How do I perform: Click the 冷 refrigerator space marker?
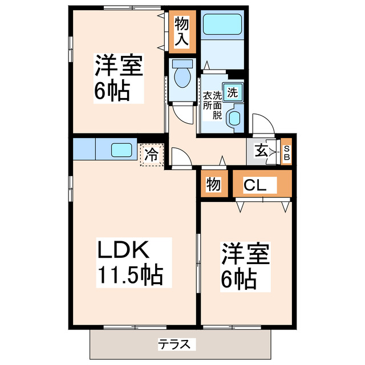[x=152, y=153]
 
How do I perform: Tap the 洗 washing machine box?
[x=233, y=92]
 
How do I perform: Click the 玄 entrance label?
[x=261, y=152]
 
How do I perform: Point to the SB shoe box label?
[x=286, y=152]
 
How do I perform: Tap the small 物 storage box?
[x=213, y=185]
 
